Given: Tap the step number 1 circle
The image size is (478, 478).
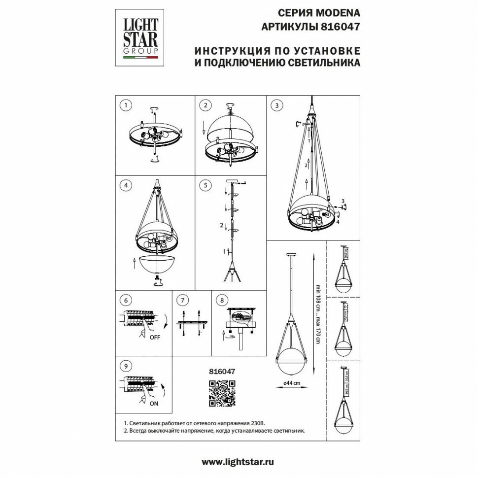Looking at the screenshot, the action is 126,105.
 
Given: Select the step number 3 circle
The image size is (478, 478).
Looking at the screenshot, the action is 277,105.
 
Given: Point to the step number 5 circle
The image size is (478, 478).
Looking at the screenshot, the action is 206,186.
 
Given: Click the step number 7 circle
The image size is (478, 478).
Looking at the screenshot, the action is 183,300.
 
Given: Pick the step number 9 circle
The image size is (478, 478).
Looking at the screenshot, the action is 126,366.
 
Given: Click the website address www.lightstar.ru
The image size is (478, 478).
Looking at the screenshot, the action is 238,462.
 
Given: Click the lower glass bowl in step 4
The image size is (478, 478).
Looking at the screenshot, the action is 158,265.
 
